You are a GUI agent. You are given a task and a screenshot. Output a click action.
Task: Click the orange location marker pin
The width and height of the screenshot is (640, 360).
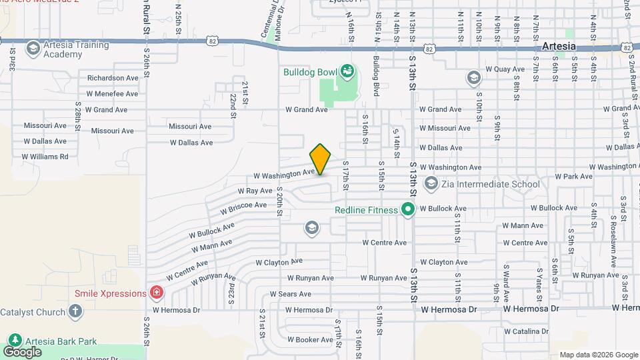321,159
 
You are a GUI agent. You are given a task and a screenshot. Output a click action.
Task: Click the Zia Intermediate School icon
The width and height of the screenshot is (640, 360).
431,183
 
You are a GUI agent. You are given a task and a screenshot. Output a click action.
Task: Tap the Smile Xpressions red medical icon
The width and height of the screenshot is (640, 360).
156,292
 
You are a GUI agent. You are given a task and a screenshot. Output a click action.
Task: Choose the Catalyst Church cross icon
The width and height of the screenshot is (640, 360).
75,311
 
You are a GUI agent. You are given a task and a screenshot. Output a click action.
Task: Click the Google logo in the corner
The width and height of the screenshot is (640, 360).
23,351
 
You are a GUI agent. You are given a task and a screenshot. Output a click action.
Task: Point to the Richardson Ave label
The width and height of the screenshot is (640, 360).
113,78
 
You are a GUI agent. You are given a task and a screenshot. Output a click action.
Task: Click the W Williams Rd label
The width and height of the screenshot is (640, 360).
45,157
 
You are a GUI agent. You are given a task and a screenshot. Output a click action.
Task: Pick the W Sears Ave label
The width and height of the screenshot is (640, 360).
291,294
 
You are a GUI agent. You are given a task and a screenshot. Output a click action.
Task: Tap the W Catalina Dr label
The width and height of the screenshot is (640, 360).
527,331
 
